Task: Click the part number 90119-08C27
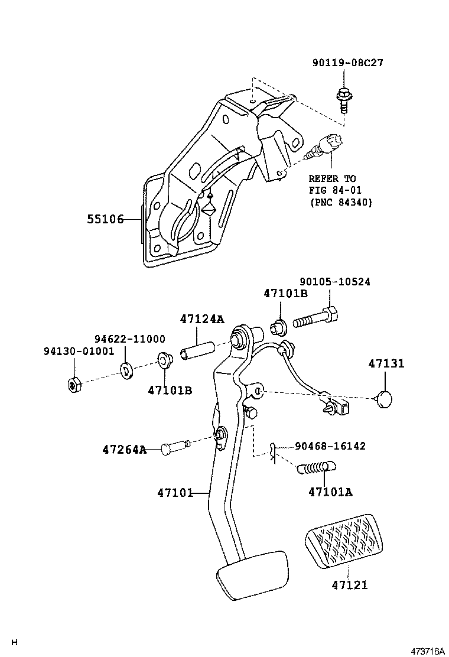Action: (348, 63)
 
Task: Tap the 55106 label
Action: (106, 219)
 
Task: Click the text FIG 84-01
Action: (335, 190)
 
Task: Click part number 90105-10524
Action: (334, 282)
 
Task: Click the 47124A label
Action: (202, 320)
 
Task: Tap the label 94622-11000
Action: (130, 339)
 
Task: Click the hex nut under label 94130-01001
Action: (74, 385)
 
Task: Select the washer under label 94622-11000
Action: (126, 370)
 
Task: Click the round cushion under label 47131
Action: (386, 399)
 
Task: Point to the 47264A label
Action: (124, 450)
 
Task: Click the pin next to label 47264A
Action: (171, 448)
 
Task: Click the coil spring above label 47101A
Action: (315, 469)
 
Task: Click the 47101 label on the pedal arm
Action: (175, 492)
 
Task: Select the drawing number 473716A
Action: (428, 651)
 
